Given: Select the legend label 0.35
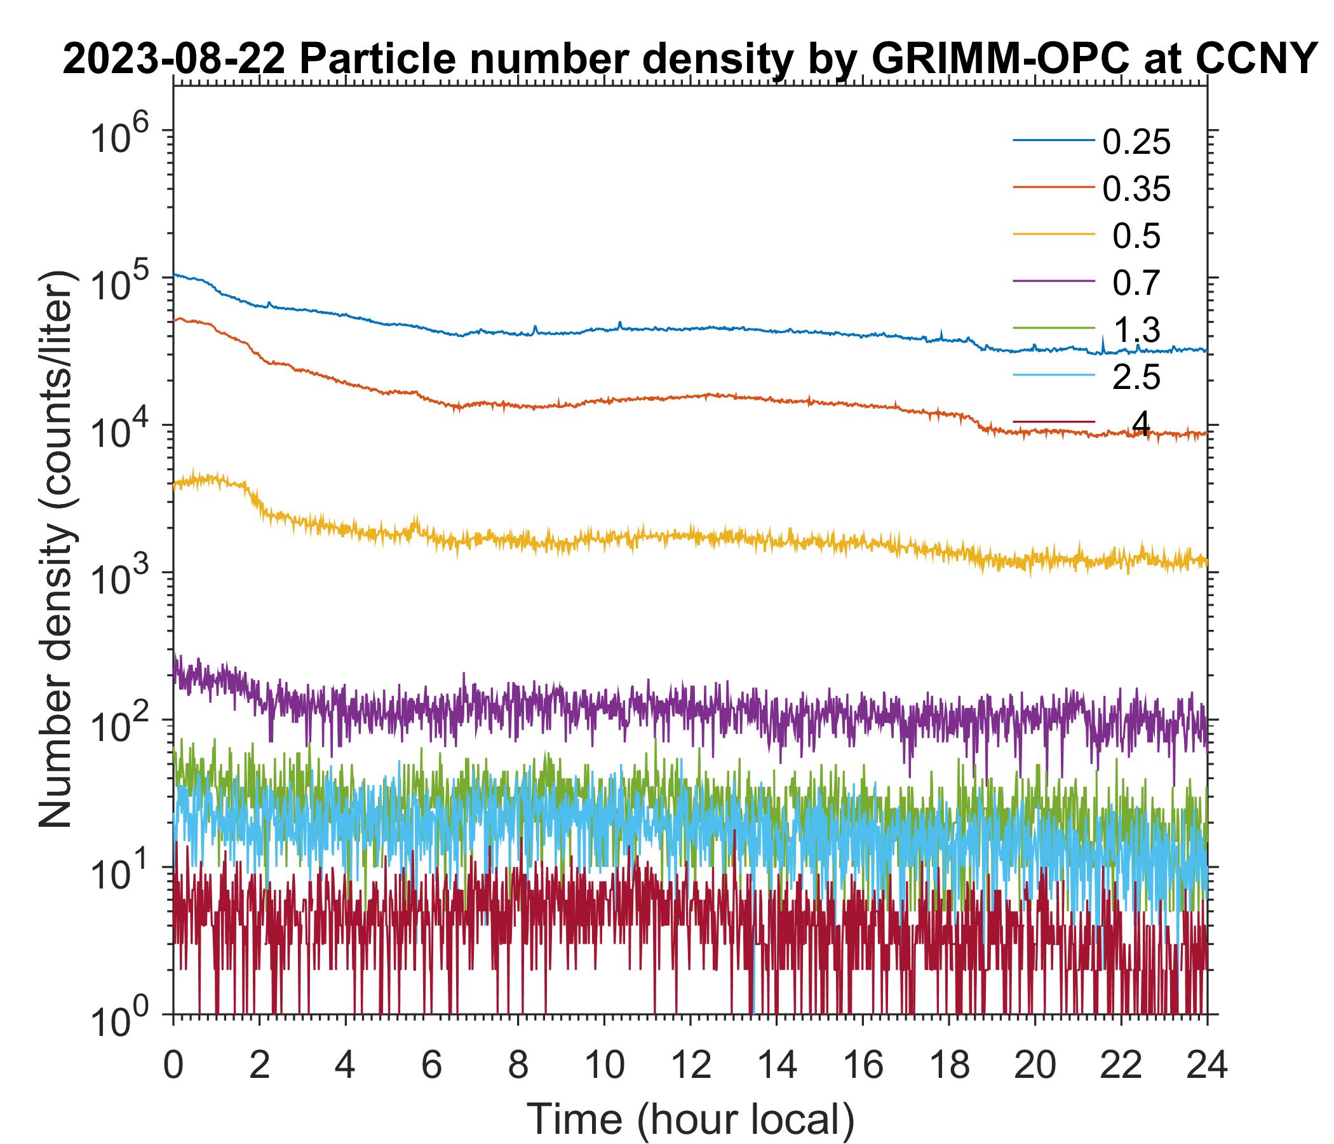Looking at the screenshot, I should click(x=1136, y=189).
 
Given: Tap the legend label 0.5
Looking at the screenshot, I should click(x=1136, y=236).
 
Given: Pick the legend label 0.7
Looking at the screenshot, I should click(x=1136, y=283).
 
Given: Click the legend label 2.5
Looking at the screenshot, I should click(x=1136, y=378).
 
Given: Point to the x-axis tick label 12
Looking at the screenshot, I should click(x=690, y=1065).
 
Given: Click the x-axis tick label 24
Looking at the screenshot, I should click(x=1207, y=1065).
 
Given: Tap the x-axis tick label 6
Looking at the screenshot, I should click(x=431, y=1065).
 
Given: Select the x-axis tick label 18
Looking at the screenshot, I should click(x=949, y=1065).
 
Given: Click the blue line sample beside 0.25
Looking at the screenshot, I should click(x=1054, y=140).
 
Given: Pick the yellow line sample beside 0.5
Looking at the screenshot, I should click(x=1054, y=234).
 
